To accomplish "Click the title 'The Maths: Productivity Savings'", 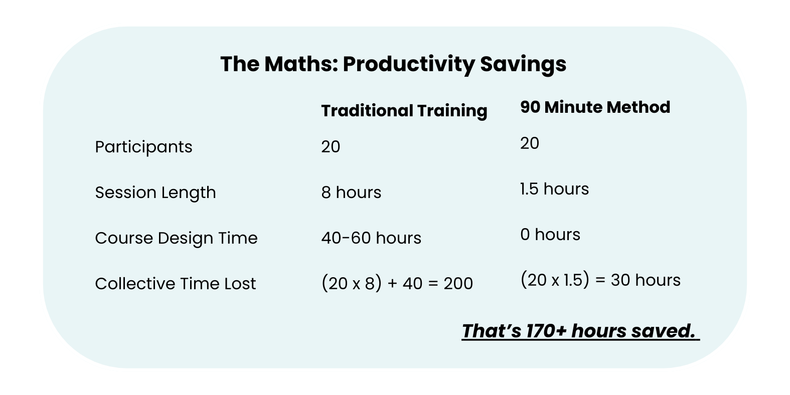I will (393, 64).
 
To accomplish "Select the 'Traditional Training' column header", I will (404, 111).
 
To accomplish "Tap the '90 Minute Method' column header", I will (595, 107).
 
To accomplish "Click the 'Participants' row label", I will (143, 147).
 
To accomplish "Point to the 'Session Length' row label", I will (155, 192).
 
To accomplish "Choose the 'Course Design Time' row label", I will (176, 238).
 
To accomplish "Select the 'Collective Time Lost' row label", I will (175, 284).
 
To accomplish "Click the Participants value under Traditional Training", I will (331, 147).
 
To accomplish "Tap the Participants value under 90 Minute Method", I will (530, 143).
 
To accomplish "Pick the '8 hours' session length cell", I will (351, 192).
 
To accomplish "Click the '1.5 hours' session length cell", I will (554, 189).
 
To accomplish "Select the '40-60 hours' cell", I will (371, 238).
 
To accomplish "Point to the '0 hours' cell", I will (550, 235).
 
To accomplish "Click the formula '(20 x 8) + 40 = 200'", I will (397, 284).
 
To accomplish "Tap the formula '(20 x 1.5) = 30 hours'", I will (600, 280).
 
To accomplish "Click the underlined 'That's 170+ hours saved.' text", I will (580, 331).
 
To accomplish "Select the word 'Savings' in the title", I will (523, 64).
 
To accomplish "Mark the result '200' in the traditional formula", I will (458, 284).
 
